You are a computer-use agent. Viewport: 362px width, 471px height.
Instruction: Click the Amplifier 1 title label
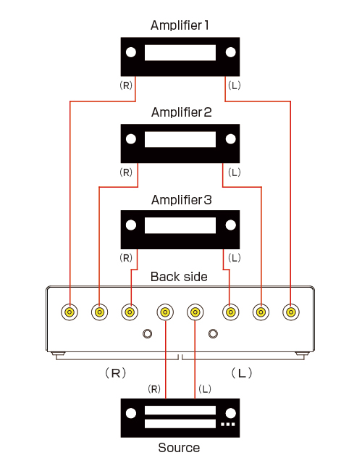(180, 25)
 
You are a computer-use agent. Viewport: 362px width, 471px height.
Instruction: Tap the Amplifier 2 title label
(181, 112)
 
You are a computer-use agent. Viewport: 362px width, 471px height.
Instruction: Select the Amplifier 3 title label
(181, 200)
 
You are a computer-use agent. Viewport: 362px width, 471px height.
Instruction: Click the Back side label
(179, 277)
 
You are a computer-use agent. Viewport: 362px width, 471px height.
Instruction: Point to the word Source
(179, 448)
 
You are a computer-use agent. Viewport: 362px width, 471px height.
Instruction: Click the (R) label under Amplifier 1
(126, 86)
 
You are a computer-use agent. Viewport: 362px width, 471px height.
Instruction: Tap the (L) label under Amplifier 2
(235, 172)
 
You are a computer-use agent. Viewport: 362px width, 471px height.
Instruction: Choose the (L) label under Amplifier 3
(235, 258)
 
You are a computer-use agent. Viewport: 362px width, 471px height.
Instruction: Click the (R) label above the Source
(154, 389)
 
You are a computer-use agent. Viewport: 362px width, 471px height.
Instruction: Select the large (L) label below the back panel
(242, 373)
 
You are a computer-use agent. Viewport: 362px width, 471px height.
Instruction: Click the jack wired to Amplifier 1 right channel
(70, 312)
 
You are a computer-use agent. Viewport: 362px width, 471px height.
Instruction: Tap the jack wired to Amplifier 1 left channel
(290, 312)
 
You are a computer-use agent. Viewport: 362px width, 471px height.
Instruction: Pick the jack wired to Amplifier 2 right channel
(99, 312)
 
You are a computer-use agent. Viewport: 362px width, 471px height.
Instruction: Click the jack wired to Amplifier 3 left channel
(230, 312)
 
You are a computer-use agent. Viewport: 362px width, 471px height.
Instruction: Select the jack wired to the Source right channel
(165, 312)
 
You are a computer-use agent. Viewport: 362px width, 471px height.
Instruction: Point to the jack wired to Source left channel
(195, 312)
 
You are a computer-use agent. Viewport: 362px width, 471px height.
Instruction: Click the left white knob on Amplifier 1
(131, 52)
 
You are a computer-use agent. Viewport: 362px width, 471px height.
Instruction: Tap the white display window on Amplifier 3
(180, 225)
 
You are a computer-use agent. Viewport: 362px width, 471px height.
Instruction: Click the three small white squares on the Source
(228, 424)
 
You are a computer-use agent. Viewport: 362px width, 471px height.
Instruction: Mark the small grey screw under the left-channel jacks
(213, 333)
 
